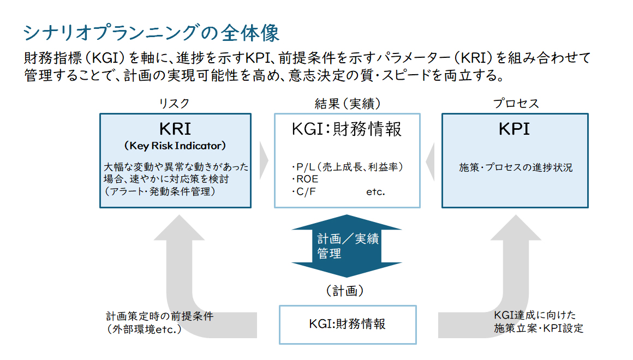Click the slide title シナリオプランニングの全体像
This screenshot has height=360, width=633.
(x=151, y=33)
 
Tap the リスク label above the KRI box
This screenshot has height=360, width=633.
(x=174, y=104)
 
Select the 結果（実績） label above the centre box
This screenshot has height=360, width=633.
(x=347, y=104)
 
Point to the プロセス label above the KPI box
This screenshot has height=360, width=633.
(x=516, y=104)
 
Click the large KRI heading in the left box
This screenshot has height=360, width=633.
(x=175, y=129)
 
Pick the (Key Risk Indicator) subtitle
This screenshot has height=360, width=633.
(x=175, y=146)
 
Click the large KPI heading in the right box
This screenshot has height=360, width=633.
(x=514, y=129)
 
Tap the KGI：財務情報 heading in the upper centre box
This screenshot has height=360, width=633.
(x=347, y=129)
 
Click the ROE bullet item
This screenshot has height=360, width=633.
(x=305, y=179)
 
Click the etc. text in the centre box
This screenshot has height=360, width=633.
(x=376, y=192)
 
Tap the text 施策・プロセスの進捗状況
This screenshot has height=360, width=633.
(x=516, y=167)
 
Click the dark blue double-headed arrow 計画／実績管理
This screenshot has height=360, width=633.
(x=347, y=246)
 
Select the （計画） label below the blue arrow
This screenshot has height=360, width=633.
(x=345, y=291)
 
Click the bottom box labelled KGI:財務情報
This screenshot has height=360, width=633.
(x=348, y=325)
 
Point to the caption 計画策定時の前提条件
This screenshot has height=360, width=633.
(x=159, y=316)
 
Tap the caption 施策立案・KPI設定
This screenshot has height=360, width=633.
(x=539, y=328)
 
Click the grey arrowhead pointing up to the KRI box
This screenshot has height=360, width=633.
(x=179, y=227)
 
